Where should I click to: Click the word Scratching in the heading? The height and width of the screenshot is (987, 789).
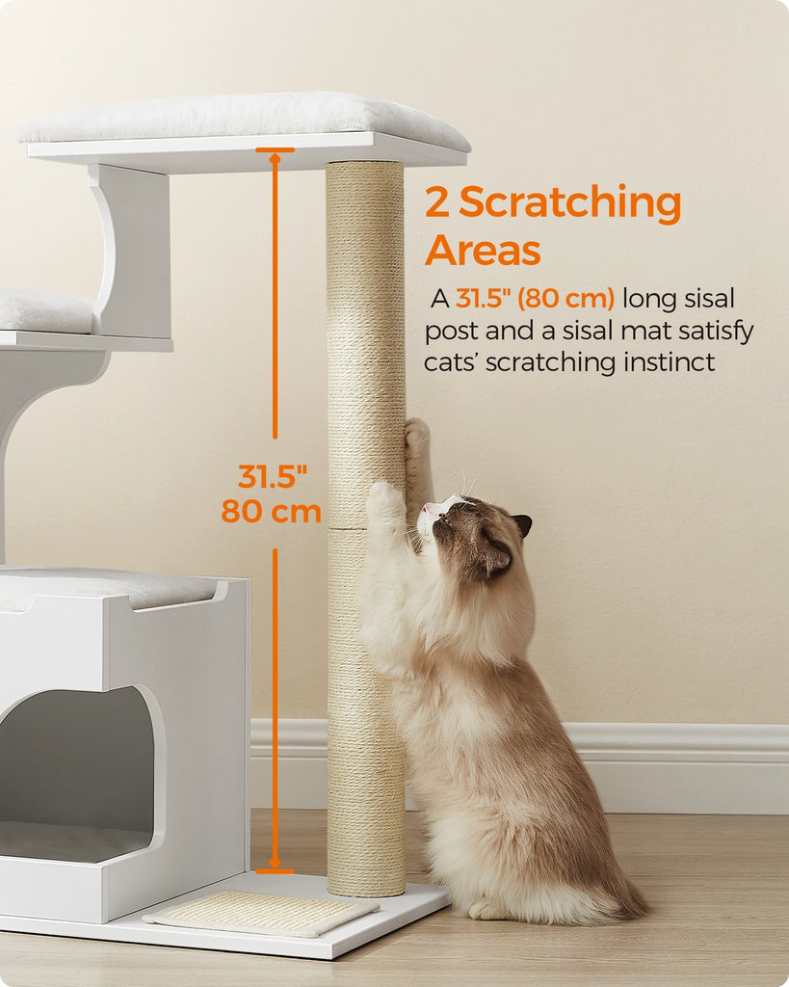[x=569, y=204]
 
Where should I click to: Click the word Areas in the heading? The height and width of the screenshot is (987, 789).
[x=483, y=250]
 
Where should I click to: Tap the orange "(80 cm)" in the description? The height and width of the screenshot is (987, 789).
[x=565, y=299]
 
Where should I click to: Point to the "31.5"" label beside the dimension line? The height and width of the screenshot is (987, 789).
[x=273, y=476]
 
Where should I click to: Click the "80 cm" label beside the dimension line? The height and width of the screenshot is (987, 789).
[x=271, y=511]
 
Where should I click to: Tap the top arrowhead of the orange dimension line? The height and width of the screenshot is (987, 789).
[x=275, y=157]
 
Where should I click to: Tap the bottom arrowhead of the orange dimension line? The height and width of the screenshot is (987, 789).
[x=275, y=863]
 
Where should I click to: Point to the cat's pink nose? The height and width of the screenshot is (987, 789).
[x=426, y=507]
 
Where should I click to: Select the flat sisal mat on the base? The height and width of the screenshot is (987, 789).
[x=261, y=913]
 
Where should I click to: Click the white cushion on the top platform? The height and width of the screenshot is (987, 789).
[x=244, y=120]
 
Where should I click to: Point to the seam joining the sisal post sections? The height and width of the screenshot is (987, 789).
[x=365, y=529]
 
